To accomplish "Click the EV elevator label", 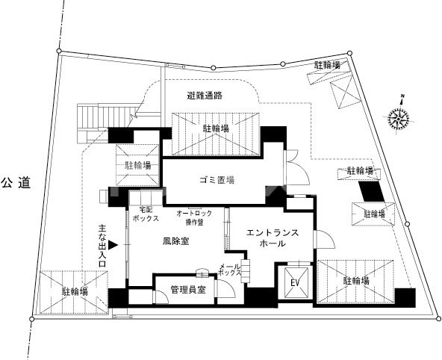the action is pos(295,282).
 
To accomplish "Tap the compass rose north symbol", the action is pos(398,118).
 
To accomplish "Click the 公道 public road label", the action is pos(16,183).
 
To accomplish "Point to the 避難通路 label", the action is pos(205,96).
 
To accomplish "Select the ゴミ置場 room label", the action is pos(217,180).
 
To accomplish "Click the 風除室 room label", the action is pos(176,241).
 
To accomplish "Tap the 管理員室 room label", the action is pos(188,290).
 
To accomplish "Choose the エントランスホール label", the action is pos(273,238).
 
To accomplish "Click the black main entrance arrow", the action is pos(113,245).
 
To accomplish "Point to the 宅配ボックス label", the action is pos(146,214).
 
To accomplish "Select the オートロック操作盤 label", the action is pos(194,217).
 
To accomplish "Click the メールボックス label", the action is pos(230,270).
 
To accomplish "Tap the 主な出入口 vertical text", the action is pos(102,246).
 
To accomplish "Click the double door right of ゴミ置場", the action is pos(296,167).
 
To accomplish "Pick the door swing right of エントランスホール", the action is pos(324,240).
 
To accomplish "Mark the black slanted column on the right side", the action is pos(371,191).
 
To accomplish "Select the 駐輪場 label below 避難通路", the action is pos(216,128).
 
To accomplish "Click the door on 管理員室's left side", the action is pos(161,297).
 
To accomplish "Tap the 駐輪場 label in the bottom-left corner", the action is pos(75,291).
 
